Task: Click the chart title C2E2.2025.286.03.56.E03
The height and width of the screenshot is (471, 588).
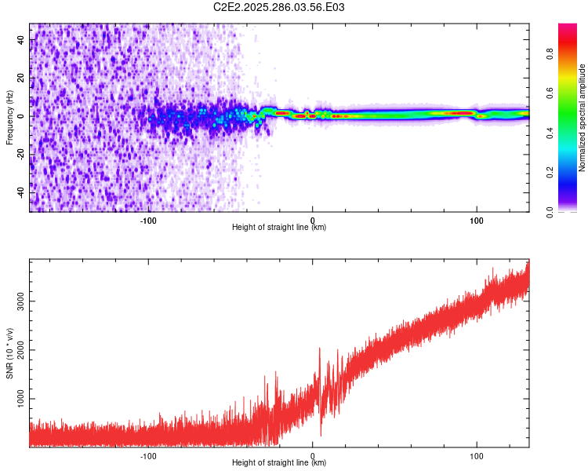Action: point(280,7)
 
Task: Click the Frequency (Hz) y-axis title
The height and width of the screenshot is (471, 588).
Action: point(9,118)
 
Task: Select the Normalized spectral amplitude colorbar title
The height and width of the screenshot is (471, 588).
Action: point(583,118)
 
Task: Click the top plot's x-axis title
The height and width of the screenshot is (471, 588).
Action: point(279,227)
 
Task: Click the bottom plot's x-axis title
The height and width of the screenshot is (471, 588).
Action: point(279,462)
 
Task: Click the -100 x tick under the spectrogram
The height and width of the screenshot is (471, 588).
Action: point(149,219)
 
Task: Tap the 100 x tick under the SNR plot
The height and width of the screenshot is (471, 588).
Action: point(476,455)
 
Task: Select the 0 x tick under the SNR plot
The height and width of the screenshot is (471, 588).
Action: point(313,455)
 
